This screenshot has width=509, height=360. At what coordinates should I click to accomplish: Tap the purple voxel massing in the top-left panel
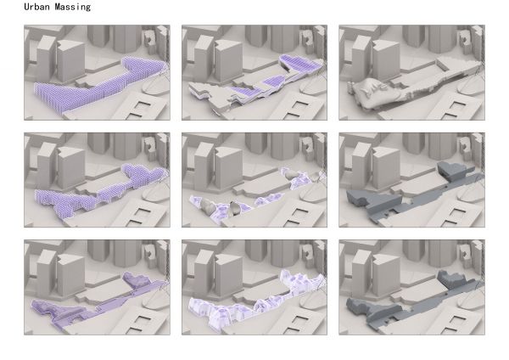coord(98,87)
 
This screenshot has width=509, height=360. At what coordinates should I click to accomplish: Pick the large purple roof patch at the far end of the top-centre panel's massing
coord(300,64)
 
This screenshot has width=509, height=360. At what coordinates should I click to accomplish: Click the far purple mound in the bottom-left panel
coord(136,279)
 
